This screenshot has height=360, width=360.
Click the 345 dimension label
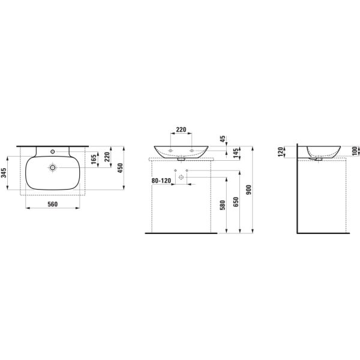(4, 173)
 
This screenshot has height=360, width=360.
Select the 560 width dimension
(52, 204)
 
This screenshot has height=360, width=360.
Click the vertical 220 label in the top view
(107, 157)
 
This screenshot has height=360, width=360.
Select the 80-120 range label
(161, 179)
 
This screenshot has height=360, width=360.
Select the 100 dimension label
(355, 149)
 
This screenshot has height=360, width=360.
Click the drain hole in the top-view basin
(53, 168)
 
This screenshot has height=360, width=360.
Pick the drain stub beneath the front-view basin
(181, 160)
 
